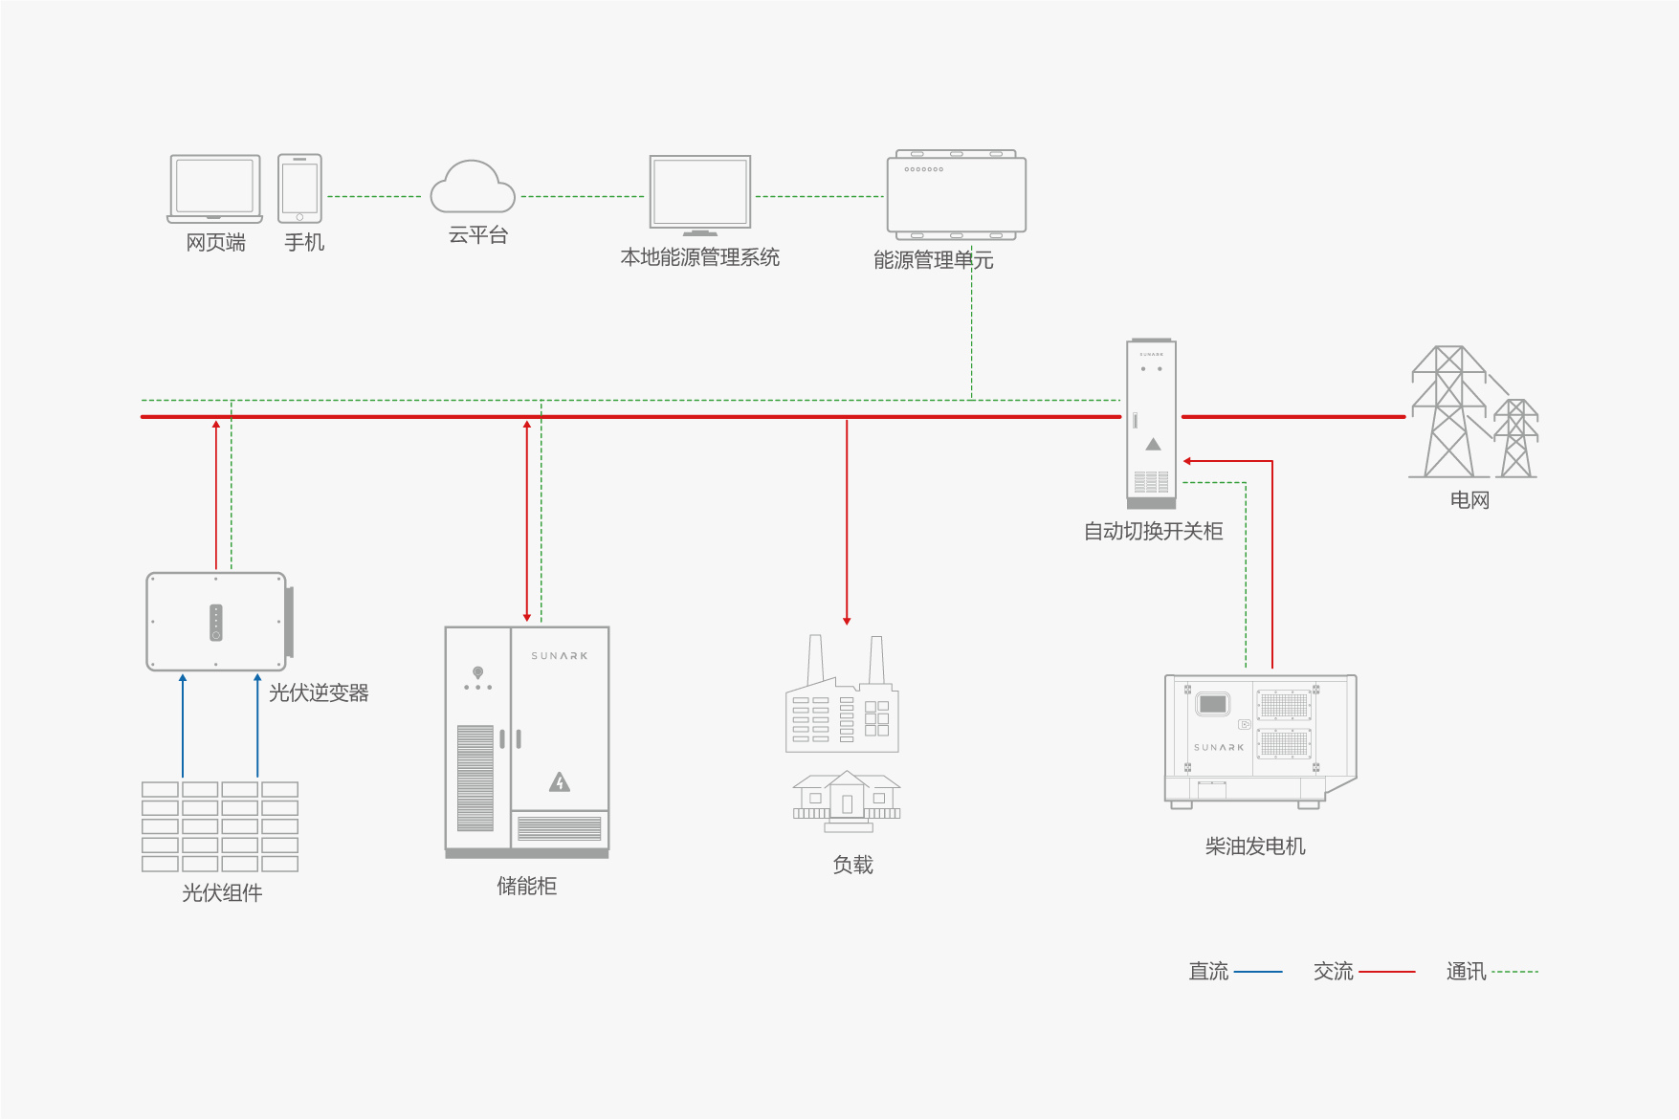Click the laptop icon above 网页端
tap(214, 188)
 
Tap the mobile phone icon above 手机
tap(299, 188)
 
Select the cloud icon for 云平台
tap(473, 187)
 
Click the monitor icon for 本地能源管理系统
tap(700, 194)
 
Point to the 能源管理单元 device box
tap(956, 194)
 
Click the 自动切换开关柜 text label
tap(1153, 532)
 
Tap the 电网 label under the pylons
tap(1469, 500)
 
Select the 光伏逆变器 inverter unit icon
tap(217, 622)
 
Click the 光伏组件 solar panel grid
tap(220, 826)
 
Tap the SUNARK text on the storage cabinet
tap(560, 656)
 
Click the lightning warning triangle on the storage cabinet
tap(560, 783)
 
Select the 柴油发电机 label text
tap(1255, 846)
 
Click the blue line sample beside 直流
tap(1258, 972)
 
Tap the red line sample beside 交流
tap(1386, 972)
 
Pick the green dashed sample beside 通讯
tap(1514, 972)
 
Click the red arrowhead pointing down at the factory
tap(847, 621)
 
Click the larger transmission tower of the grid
tap(1448, 411)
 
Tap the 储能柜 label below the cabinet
tap(526, 887)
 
